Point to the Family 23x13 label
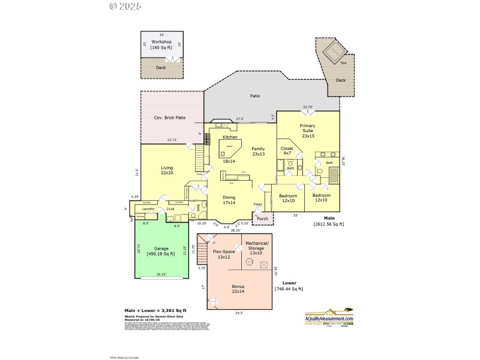pyautogui.click(x=258, y=151)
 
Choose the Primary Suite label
pyautogui.click(x=307, y=130)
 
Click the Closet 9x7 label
pyautogui.click(x=287, y=150)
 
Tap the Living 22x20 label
pyautogui.click(x=167, y=170)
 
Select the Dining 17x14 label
pyautogui.click(x=229, y=200)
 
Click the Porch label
pyautogui.click(x=262, y=219)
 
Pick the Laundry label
pyautogui.click(x=148, y=209)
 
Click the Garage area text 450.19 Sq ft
pyautogui.click(x=161, y=251)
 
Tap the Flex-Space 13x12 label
pyautogui.click(x=224, y=254)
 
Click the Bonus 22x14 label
pyautogui.click(x=238, y=289)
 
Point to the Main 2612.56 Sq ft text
pyautogui.click(x=329, y=221)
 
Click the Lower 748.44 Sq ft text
pyautogui.click(x=289, y=286)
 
